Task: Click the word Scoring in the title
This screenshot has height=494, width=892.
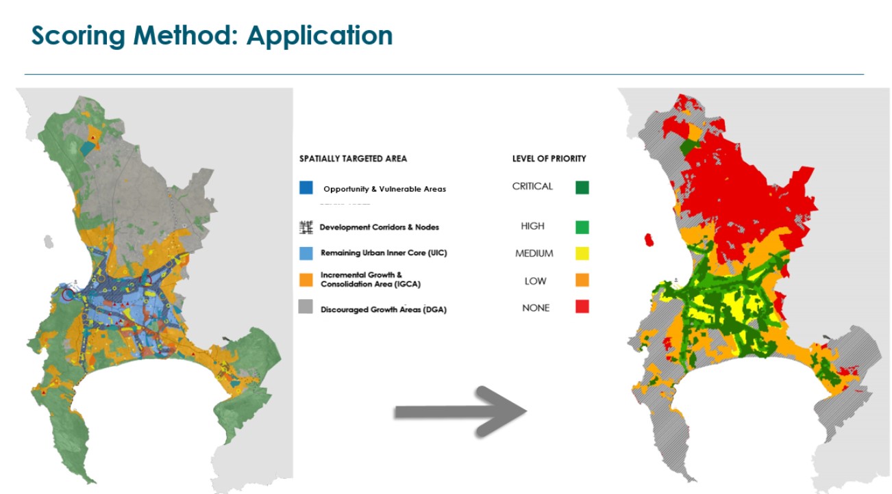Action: [x=78, y=36]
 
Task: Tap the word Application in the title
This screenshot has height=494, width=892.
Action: [x=319, y=36]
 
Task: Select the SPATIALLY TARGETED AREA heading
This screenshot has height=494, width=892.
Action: [x=353, y=159]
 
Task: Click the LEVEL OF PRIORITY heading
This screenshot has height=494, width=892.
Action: [x=549, y=159]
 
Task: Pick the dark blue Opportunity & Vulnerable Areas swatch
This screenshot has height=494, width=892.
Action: [x=306, y=187]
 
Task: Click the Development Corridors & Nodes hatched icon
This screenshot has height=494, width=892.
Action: [x=306, y=227]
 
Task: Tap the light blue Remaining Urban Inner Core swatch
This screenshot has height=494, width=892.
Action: [x=306, y=253]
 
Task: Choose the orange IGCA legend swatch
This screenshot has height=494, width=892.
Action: [x=306, y=280]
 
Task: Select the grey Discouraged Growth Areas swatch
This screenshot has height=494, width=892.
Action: [x=306, y=307]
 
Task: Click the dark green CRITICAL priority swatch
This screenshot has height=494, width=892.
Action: [x=582, y=187]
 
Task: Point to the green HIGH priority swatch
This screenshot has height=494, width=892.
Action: [x=582, y=227]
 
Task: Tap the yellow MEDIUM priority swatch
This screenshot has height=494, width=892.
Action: [x=582, y=253]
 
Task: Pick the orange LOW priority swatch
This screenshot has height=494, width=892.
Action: [x=582, y=280]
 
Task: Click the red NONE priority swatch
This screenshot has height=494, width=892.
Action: [x=582, y=307]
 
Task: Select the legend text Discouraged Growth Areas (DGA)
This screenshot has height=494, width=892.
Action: [x=384, y=309]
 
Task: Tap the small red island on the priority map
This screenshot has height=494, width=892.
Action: [x=649, y=240]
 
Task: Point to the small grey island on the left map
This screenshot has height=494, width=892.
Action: [x=49, y=242]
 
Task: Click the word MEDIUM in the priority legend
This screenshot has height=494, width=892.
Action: [x=534, y=253]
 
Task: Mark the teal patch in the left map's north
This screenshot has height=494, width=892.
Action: [x=88, y=148]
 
